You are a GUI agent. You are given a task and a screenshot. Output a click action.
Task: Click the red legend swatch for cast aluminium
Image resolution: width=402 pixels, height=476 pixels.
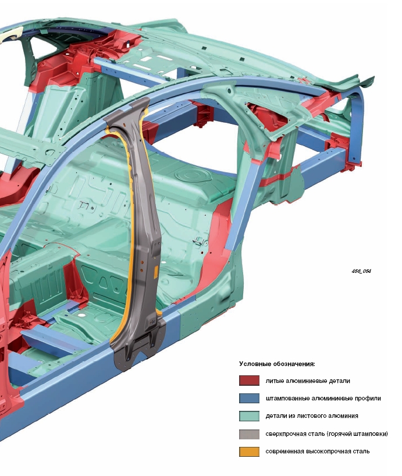249,381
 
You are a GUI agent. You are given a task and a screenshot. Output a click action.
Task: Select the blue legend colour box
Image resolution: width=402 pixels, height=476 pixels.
249,398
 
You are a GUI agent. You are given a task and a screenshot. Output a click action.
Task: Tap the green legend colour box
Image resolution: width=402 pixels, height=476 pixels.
249,416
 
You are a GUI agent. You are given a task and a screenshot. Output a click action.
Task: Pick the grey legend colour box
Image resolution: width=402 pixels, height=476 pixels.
249,434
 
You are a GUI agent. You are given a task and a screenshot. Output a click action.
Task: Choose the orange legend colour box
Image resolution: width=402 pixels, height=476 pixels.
249,451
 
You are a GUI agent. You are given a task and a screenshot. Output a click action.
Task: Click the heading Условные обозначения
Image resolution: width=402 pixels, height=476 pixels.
277,364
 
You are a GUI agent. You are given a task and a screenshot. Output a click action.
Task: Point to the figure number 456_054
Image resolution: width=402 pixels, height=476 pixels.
361,271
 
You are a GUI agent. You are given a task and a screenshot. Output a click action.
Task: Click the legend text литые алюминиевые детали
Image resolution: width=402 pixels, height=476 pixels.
308,381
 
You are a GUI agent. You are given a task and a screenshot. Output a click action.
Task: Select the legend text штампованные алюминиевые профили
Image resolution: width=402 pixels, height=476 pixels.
323,399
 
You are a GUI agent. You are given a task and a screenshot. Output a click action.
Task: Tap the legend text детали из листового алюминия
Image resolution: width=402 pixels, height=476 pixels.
311,416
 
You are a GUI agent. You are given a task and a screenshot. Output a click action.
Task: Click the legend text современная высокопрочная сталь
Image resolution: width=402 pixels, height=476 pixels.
318,451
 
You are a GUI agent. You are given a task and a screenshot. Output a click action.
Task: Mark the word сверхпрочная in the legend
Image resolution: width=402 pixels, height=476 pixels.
285,434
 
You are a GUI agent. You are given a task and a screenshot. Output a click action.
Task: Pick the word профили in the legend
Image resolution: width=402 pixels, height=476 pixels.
368,399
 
